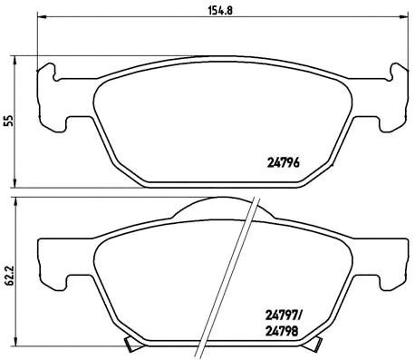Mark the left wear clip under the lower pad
tap(131, 345)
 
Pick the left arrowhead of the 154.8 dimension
tap(40, 24)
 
